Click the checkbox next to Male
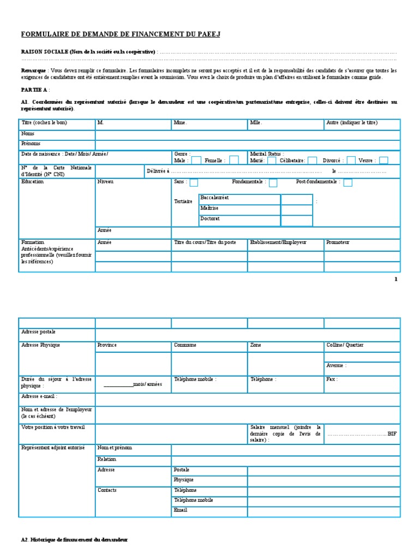coord(195,160)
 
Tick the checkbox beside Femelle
coord(234,160)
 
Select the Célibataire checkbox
coord(312,160)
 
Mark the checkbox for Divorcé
coord(351,160)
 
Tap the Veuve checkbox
coord(384,160)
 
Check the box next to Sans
coord(194,182)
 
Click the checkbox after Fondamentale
coord(273,182)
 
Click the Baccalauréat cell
coord(240,199)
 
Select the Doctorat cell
coord(240,220)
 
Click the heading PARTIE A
coord(34,89)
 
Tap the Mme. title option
coord(181,123)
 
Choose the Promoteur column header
coord(338,242)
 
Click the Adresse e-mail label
coord(39,396)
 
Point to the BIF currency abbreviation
coord(392,433)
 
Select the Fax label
coord(332,379)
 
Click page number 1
coord(396,279)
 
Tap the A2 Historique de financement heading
coord(74,539)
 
